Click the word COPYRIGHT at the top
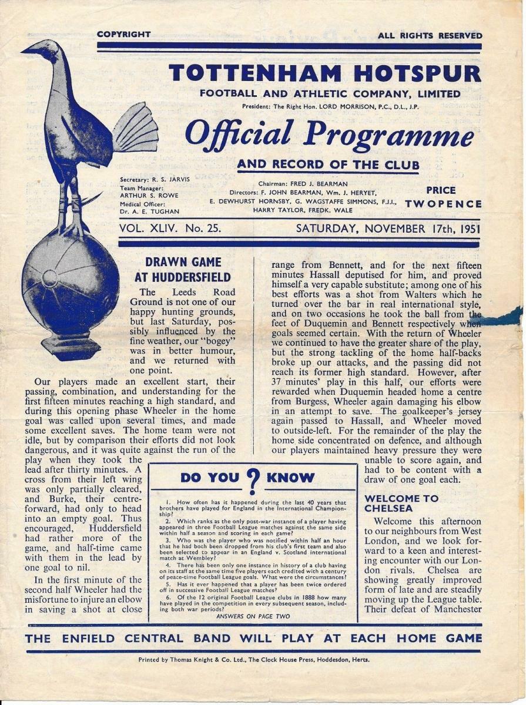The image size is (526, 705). tap(123, 35)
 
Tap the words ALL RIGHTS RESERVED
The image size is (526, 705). tap(429, 35)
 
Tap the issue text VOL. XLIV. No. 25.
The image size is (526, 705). tap(170, 229)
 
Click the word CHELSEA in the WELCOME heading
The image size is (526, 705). tap(388, 508)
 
